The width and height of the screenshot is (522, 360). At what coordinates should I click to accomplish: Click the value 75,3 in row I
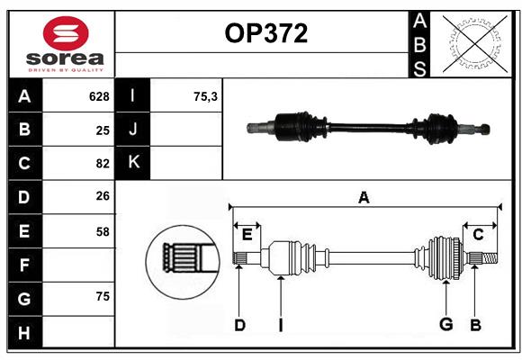pyautogui.click(x=206, y=96)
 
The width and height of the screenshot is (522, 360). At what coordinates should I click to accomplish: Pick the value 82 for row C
pyautogui.click(x=102, y=164)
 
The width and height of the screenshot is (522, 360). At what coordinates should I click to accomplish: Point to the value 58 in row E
pyautogui.click(x=102, y=231)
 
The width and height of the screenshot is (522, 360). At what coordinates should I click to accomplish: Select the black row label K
pyautogui.click(x=133, y=163)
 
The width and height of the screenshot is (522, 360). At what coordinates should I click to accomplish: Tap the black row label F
pyautogui.click(x=24, y=265)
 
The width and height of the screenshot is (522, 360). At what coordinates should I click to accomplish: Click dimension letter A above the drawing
pyautogui.click(x=364, y=197)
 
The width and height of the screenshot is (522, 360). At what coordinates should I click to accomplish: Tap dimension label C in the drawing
pyautogui.click(x=478, y=235)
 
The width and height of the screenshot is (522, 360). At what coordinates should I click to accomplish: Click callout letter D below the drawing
pyautogui.click(x=239, y=326)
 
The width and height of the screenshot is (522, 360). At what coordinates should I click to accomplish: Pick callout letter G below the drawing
pyautogui.click(x=445, y=326)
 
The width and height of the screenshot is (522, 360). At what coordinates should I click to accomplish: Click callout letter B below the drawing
pyautogui.click(x=475, y=326)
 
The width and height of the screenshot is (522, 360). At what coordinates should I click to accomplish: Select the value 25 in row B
pyautogui.click(x=102, y=130)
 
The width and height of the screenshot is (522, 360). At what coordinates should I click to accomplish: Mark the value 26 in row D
pyautogui.click(x=102, y=197)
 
